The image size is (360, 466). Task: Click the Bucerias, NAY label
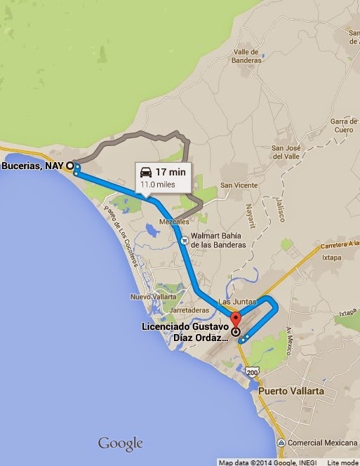pyautogui.click(x=33, y=166)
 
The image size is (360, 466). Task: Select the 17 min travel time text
pyautogui.click(x=170, y=172)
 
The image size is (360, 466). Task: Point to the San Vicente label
pyautogui.click(x=236, y=185)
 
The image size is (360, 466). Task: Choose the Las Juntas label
pyautogui.click(x=234, y=302)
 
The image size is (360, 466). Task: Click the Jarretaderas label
pyautogui.click(x=187, y=309)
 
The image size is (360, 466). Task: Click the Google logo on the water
pyautogui.click(x=120, y=444)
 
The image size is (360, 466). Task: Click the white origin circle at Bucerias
pyautogui.click(x=69, y=166)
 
